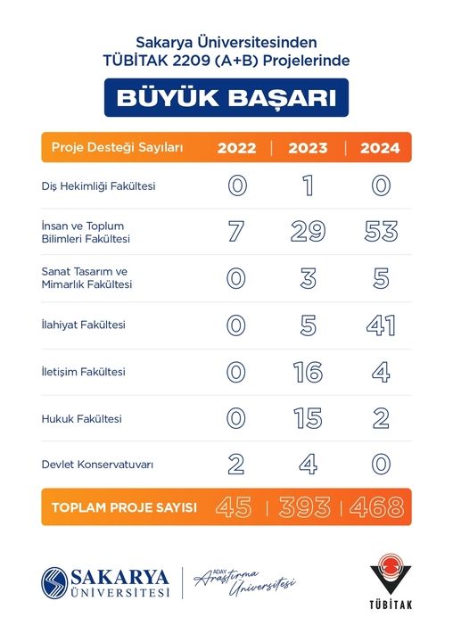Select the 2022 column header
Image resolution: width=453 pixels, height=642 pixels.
click(x=236, y=148)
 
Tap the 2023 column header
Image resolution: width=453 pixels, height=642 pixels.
click(x=308, y=148)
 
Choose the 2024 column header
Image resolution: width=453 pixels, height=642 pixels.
click(x=380, y=148)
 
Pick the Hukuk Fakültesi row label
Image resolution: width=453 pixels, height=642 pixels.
click(x=81, y=418)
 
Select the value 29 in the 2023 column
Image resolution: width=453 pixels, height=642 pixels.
click(x=308, y=232)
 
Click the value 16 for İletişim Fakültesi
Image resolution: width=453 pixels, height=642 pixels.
click(x=308, y=372)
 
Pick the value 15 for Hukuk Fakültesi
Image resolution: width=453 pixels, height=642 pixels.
click(x=308, y=418)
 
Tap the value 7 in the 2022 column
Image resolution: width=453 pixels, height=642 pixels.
click(x=236, y=232)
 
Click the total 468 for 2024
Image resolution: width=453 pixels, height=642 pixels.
click(x=377, y=508)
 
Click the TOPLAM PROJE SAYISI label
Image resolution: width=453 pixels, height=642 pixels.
click(x=124, y=508)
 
